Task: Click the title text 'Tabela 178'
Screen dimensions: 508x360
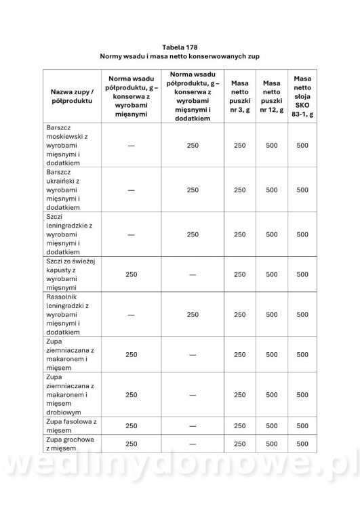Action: pyautogui.click(x=180, y=47)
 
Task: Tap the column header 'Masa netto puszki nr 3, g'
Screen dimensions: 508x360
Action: pyautogui.click(x=240, y=95)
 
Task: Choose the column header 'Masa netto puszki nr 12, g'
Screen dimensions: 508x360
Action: pyautogui.click(x=271, y=95)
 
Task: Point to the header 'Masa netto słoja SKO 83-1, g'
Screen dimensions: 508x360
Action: pyautogui.click(x=302, y=95)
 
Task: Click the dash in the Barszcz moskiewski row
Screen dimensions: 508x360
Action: pyautogui.click(x=131, y=146)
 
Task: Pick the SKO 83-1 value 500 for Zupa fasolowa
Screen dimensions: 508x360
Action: pyautogui.click(x=302, y=426)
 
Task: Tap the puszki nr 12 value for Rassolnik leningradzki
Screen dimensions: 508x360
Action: pyautogui.click(x=271, y=314)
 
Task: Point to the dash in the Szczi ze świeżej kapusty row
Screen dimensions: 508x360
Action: pyautogui.click(x=193, y=274)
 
